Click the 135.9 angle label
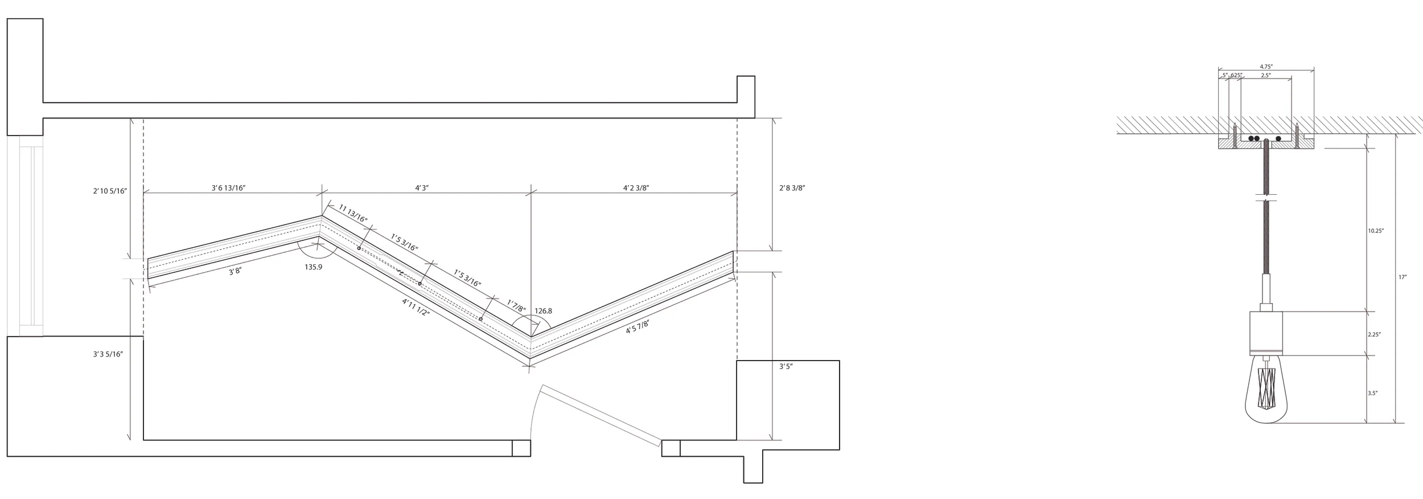[x=313, y=267]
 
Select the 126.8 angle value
[x=543, y=311]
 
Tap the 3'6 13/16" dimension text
[x=228, y=188]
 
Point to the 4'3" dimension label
[x=422, y=188]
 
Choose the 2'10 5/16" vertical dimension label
[x=110, y=191]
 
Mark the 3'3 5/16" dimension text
[x=108, y=354]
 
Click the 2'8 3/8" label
[x=792, y=188]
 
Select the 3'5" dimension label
[x=786, y=367]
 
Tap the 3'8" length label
[x=235, y=272]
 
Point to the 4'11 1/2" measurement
[x=416, y=307]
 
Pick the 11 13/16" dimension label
[x=353, y=213]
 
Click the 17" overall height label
[x=1403, y=277]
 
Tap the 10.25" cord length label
[x=1376, y=231]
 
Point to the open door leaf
[x=601, y=415]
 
